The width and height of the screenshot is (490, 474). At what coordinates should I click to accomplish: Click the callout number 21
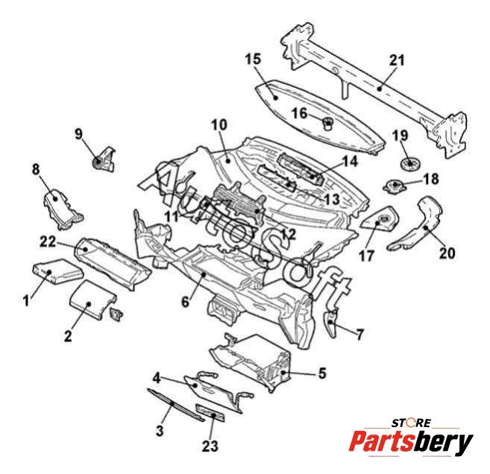tap(396, 60)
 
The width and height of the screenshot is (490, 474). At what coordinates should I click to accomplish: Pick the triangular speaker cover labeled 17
tap(383, 219)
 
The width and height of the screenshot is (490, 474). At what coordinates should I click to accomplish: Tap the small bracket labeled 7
tap(333, 322)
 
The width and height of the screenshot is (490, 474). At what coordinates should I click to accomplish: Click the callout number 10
tap(219, 124)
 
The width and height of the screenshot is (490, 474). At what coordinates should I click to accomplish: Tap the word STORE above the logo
tap(412, 423)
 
